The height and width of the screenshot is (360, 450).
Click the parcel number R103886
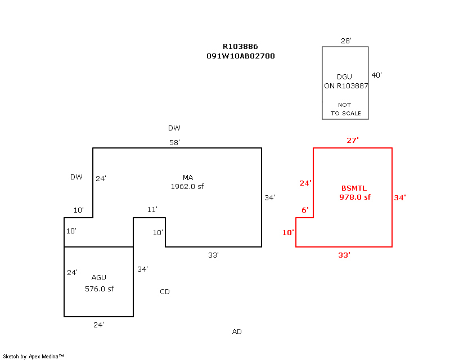(x=240, y=47)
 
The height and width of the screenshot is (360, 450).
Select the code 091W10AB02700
(x=240, y=56)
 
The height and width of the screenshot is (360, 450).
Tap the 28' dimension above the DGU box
(x=346, y=40)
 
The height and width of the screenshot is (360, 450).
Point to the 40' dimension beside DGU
(x=376, y=75)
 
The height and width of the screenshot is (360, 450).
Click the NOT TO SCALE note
(x=345, y=109)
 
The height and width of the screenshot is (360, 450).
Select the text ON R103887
(x=345, y=86)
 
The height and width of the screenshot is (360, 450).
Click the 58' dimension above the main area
(x=174, y=143)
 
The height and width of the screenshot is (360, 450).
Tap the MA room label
(x=187, y=177)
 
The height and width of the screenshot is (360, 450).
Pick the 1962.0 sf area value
(x=187, y=186)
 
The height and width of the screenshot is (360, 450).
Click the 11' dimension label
(x=152, y=210)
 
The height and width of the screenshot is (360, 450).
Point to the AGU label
(x=98, y=277)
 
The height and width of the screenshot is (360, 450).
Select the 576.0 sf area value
(x=99, y=289)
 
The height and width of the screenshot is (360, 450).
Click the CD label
(x=165, y=292)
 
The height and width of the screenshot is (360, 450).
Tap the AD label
(x=237, y=332)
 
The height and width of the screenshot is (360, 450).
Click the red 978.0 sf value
(x=355, y=197)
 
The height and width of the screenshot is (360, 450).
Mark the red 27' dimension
(x=353, y=140)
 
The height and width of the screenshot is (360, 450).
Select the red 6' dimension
(x=305, y=210)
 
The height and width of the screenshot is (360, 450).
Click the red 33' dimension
(x=344, y=255)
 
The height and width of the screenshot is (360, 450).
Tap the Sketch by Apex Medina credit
(x=33, y=356)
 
